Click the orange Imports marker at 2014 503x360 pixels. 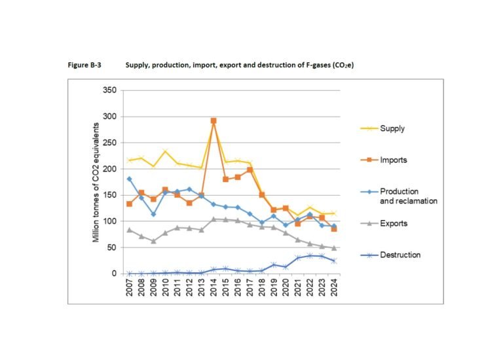[x=214, y=121]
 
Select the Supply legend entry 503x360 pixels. [x=382, y=128]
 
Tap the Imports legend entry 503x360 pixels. [x=384, y=160]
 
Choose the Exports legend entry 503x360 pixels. [x=384, y=223]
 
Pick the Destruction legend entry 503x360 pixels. [x=390, y=255]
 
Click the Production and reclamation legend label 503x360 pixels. [x=409, y=196]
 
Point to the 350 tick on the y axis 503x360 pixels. [x=110, y=90]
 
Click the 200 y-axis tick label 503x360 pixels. [x=110, y=169]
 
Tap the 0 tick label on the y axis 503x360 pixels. [x=114, y=274]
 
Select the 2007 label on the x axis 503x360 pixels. [x=129, y=287]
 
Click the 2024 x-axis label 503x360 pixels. [x=334, y=287]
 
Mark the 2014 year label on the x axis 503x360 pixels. [x=214, y=287]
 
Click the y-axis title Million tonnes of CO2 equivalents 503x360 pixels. [x=96, y=183]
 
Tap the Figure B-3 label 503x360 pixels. [x=84, y=65]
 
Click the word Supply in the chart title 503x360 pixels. [x=138, y=65]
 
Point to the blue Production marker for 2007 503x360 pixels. [x=129, y=179]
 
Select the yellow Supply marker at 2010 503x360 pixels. [x=165, y=151]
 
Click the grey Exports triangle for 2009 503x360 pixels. [x=153, y=241]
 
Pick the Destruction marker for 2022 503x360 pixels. [x=310, y=256]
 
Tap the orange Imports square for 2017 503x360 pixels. [x=250, y=170]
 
